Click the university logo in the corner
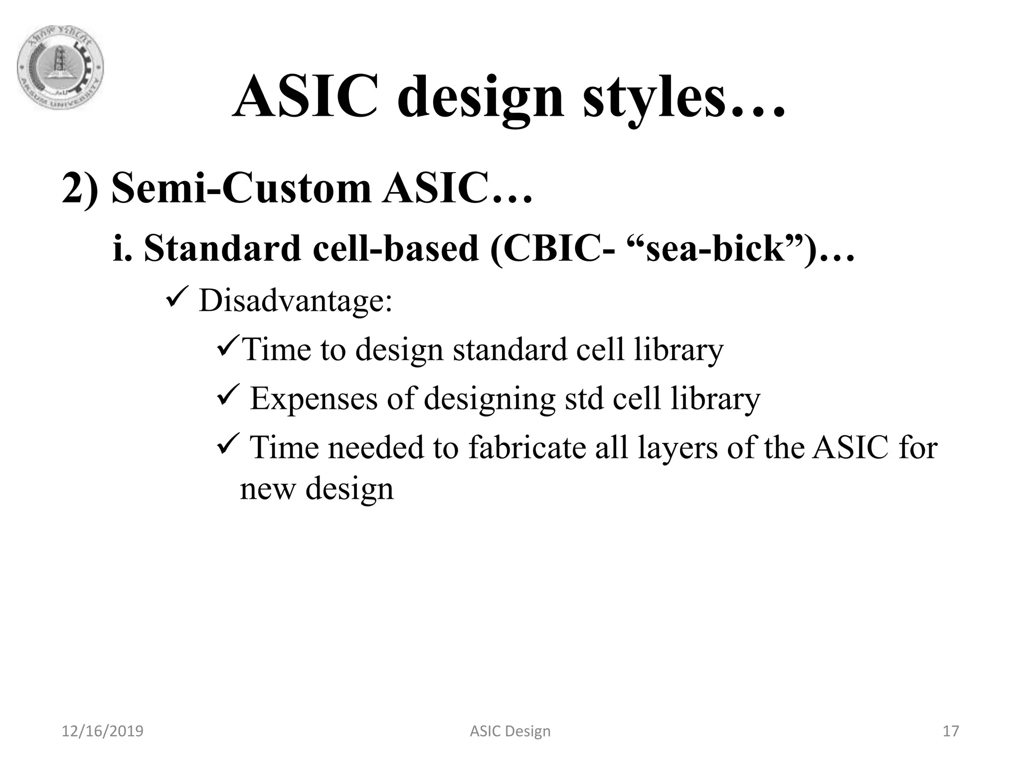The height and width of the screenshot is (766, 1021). pyautogui.click(x=60, y=68)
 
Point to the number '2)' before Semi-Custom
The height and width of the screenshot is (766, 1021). pyautogui.click(x=80, y=190)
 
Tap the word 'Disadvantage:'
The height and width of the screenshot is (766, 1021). pyautogui.click(x=296, y=301)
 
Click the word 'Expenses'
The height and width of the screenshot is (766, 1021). pyautogui.click(x=314, y=398)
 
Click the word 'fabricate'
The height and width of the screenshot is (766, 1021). pyautogui.click(x=527, y=447)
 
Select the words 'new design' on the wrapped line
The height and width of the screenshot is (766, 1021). pyautogui.click(x=317, y=489)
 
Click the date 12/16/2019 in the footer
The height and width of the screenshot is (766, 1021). pyautogui.click(x=102, y=731)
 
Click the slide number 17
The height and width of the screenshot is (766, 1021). pyautogui.click(x=951, y=731)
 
